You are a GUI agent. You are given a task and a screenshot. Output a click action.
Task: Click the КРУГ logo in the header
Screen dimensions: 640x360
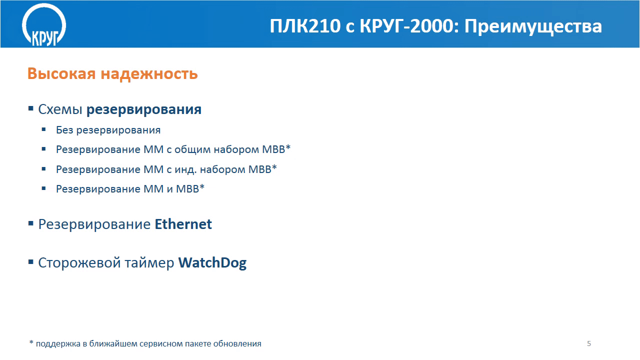[44, 25]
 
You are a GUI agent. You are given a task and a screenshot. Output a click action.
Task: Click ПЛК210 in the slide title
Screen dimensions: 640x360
[305, 26]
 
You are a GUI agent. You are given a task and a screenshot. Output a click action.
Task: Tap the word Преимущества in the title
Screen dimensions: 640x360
[533, 27]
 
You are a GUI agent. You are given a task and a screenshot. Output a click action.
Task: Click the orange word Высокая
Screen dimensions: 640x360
[61, 73]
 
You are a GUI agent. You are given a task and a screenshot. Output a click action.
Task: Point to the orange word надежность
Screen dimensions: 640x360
[149, 73]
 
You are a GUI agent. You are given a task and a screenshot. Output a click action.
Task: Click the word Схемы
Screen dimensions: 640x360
[60, 109]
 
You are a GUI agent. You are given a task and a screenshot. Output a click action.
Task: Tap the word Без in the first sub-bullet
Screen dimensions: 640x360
[64, 130]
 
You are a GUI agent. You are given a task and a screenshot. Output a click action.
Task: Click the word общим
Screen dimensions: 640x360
[192, 149]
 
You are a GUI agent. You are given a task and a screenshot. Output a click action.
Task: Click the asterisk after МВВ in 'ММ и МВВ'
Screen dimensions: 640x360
[202, 186]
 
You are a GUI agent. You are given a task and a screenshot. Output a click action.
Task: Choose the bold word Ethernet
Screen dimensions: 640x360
[183, 224]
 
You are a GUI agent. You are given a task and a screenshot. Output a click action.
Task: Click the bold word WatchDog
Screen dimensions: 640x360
[212, 263]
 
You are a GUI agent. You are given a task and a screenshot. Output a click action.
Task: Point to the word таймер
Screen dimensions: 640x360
[149, 263]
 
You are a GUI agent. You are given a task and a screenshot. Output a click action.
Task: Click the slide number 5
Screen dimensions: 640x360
[589, 343]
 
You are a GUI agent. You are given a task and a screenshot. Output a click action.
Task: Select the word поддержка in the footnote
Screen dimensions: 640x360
[58, 343]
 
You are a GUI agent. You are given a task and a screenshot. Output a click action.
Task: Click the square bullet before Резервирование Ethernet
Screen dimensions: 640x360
[31, 223]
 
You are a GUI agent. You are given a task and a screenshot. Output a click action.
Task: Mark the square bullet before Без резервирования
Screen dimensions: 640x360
[43, 129]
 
